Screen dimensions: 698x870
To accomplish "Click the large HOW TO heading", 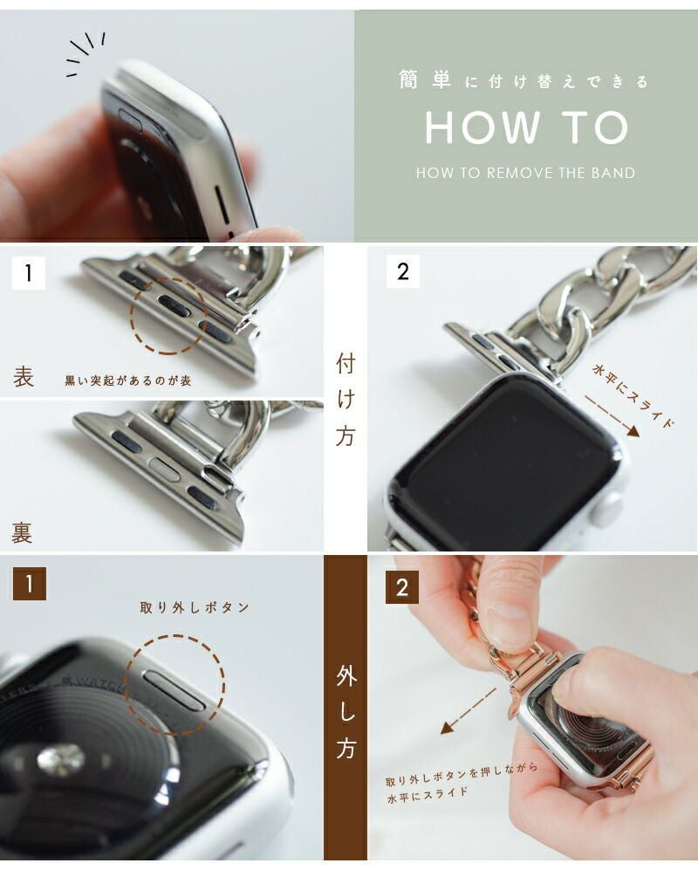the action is [526, 127].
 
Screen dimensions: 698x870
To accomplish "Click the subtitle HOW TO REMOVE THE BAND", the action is [525, 173].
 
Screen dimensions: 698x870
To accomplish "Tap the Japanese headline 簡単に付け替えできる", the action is [523, 81].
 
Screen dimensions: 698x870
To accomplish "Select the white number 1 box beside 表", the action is [28, 272].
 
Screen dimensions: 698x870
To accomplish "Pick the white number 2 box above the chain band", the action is [403, 271].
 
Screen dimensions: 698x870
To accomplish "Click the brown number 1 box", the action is [30, 583].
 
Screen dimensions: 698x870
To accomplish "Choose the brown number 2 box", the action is [402, 587].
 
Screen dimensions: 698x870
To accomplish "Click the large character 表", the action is [24, 377].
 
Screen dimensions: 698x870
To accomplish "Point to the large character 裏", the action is [22, 532].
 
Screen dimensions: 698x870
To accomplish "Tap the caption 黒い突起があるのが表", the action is [128, 380].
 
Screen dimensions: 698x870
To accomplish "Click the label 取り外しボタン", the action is [195, 607].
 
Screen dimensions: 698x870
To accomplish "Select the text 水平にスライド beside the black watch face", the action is [633, 395].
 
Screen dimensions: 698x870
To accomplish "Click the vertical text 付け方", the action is [346, 400].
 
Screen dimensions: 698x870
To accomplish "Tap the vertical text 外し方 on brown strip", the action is [346, 712].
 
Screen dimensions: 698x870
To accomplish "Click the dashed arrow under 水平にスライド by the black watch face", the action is [612, 416].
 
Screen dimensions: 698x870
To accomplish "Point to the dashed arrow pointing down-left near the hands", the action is [469, 711].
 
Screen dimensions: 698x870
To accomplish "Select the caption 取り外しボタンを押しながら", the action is [462, 774].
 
